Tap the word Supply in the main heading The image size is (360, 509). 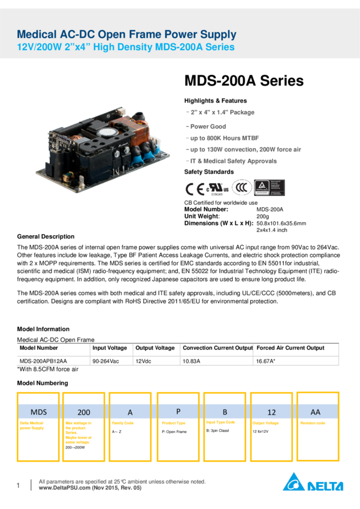[213, 35]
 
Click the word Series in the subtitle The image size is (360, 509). [219, 47]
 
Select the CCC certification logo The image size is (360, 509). [242, 187]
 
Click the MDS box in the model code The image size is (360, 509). [38, 412]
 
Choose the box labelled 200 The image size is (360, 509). [84, 412]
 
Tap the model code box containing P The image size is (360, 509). [178, 412]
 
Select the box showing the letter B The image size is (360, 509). [225, 412]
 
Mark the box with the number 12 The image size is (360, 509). [271, 412]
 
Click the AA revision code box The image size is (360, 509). [317, 412]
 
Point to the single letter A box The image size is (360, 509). [130, 412]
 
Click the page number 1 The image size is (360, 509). [19, 485]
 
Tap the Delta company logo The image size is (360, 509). [313, 481]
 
